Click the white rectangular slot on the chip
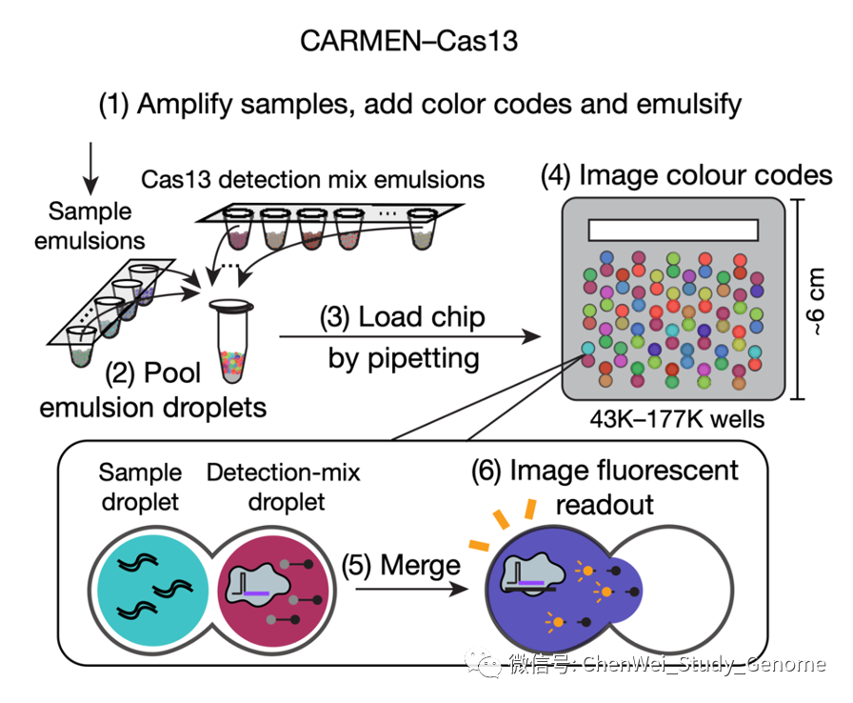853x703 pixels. tap(672, 231)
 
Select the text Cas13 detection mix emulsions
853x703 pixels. tap(313, 178)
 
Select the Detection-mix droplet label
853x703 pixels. tap(284, 486)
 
